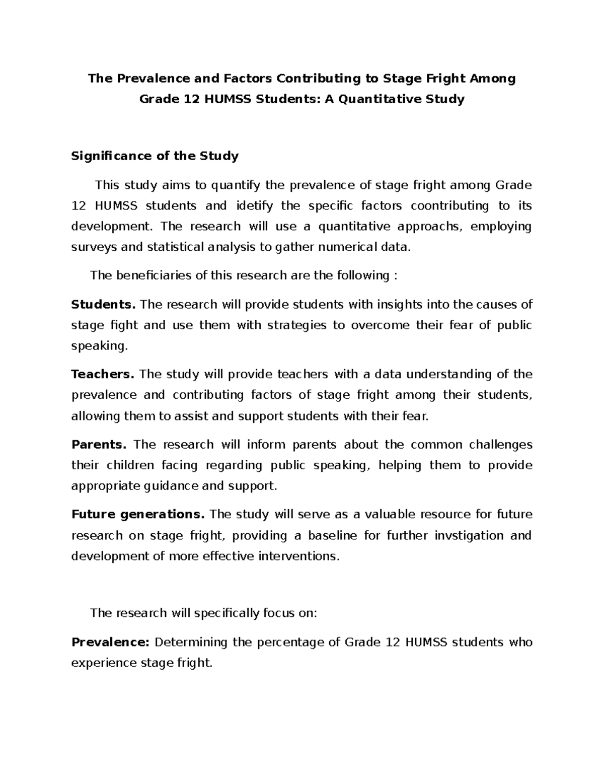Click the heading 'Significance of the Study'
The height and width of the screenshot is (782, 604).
tap(155, 156)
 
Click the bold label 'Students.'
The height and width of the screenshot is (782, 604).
tap(104, 305)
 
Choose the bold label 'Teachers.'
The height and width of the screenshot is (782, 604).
tap(103, 375)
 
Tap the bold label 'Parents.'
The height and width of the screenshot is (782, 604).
tap(99, 445)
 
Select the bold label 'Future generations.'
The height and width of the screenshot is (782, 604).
tap(138, 515)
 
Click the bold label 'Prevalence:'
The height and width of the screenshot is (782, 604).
tap(111, 643)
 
